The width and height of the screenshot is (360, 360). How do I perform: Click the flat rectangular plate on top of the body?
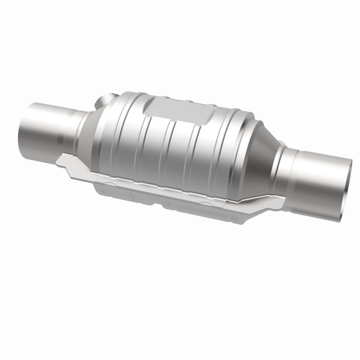tap(177, 109)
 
